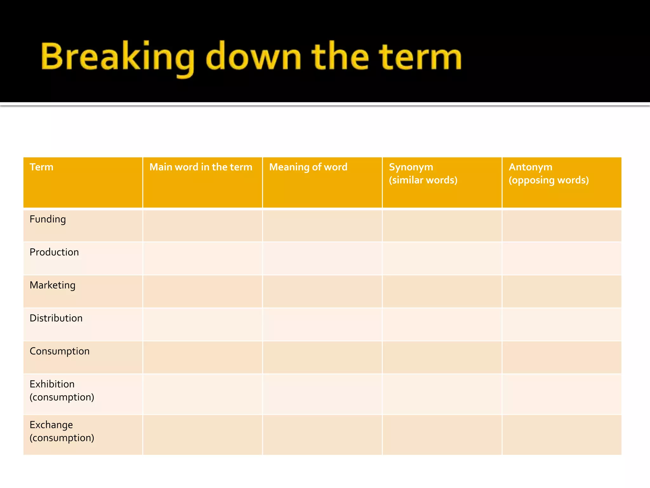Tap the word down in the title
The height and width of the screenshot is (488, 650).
click(x=253, y=57)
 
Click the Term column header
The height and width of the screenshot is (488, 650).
click(x=42, y=167)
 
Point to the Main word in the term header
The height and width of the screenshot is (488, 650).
click(x=201, y=167)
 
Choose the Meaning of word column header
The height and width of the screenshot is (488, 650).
click(x=308, y=167)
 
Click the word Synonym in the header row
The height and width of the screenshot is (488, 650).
click(x=411, y=167)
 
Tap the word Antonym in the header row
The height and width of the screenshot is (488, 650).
click(x=530, y=167)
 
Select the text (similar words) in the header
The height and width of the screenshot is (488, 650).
click(x=423, y=180)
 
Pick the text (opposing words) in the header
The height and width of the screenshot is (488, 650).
click(x=549, y=180)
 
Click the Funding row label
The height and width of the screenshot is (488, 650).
click(x=48, y=220)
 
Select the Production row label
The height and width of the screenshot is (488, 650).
click(x=54, y=252)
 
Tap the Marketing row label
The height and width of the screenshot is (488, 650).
click(x=52, y=285)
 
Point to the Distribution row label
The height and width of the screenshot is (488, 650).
click(x=56, y=318)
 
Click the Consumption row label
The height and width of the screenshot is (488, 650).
click(x=60, y=351)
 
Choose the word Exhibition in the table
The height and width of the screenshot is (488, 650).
click(x=52, y=384)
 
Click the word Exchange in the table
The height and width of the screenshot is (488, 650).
click(x=51, y=425)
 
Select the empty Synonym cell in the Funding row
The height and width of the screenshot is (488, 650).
click(x=442, y=226)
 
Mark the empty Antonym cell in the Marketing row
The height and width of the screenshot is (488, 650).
click(x=561, y=291)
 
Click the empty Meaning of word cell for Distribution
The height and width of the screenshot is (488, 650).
click(x=322, y=324)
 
